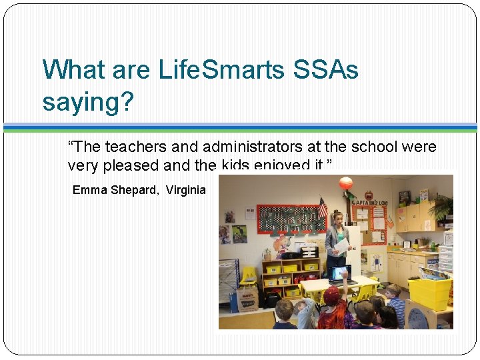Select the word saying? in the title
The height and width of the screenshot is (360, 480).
[88, 102]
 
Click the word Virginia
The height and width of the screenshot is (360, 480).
[186, 190]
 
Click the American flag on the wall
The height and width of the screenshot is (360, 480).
[323, 207]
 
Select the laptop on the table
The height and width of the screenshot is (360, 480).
[340, 273]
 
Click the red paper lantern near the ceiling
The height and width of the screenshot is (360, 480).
[345, 183]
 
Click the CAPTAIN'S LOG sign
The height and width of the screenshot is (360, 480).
[365, 201]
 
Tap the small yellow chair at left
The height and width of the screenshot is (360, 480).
[247, 275]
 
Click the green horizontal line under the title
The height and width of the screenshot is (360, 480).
[240, 131]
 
